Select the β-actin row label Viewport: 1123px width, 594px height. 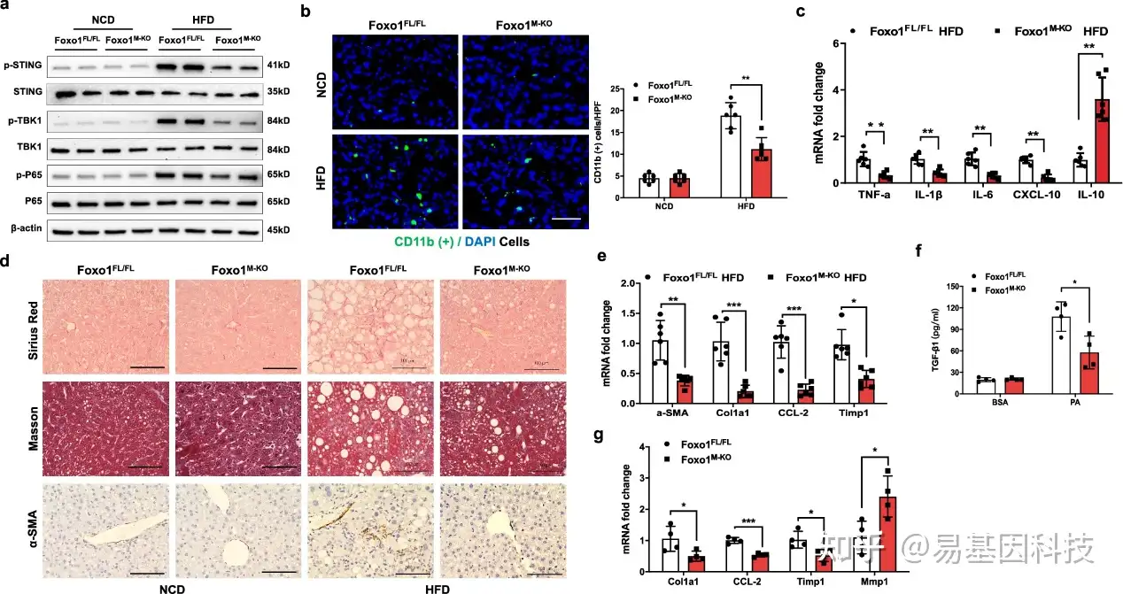coord(23,230)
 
